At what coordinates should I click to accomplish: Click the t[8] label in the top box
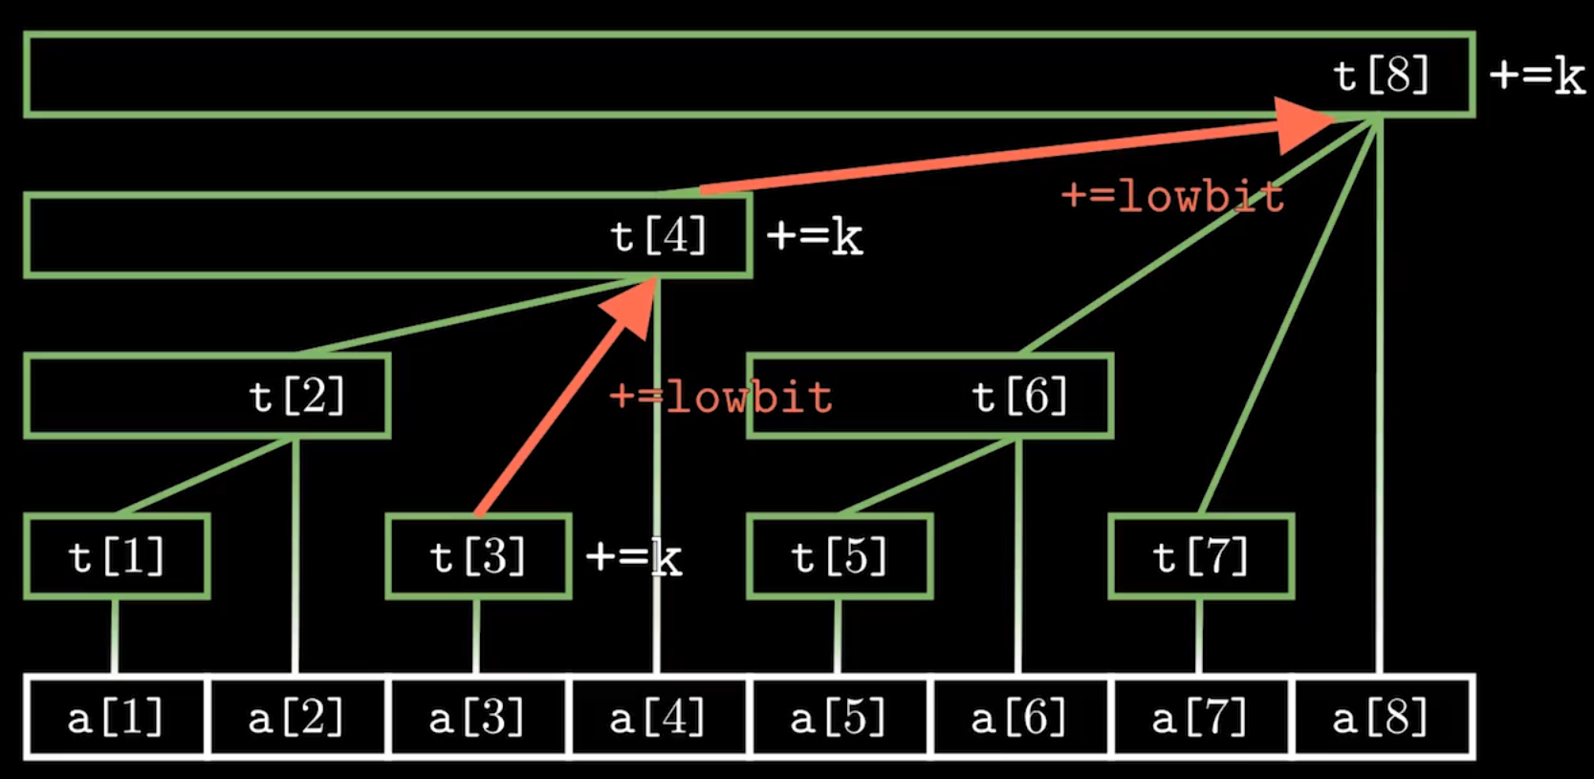(1381, 76)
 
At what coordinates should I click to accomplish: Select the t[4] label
(658, 236)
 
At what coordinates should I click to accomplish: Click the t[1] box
(117, 556)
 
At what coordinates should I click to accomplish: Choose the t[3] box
(478, 556)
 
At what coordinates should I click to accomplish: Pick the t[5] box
(840, 556)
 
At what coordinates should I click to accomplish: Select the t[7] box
(1201, 556)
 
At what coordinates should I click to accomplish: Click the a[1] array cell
(116, 718)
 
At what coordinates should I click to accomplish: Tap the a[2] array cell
(296, 718)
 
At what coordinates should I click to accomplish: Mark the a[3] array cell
(477, 718)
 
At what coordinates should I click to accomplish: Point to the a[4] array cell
(658, 718)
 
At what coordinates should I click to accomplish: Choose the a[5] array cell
(839, 718)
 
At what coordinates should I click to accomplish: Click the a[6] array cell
(1019, 718)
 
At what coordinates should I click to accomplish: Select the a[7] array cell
(1200, 718)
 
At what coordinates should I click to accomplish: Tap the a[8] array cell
(1381, 718)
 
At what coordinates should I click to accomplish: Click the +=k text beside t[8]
(1537, 76)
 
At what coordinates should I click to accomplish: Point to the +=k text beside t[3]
(633, 557)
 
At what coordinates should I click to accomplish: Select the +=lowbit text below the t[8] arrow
(1172, 197)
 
